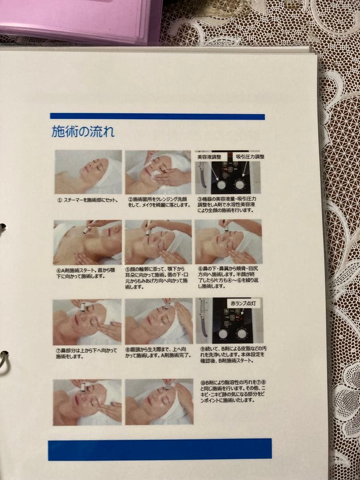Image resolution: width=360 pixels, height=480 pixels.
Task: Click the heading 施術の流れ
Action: point(83,132)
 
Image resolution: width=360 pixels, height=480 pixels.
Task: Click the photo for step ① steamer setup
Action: point(88,172)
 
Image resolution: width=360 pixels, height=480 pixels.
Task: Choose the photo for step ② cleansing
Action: point(158,172)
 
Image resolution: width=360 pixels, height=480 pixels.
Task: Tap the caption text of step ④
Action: point(84,273)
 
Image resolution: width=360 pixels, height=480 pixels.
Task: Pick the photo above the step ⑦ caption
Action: point(87,322)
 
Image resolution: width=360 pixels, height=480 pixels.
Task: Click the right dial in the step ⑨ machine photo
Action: point(242,333)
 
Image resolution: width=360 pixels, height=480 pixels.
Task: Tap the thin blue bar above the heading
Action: point(157,116)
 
